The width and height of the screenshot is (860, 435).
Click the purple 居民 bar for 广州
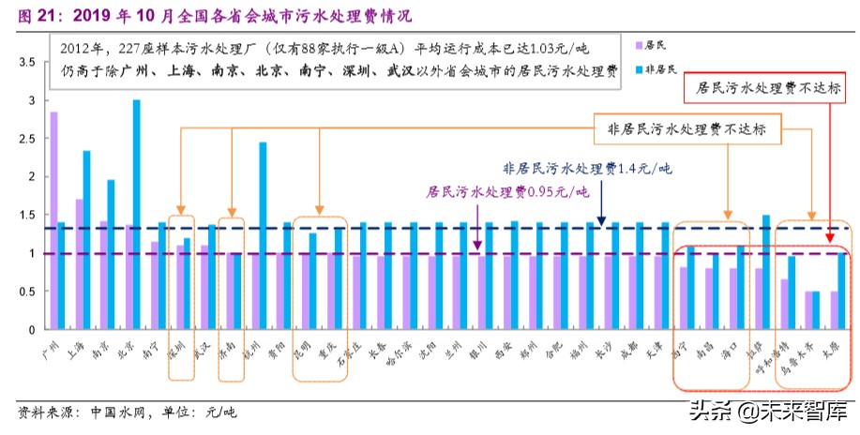pos(53,220)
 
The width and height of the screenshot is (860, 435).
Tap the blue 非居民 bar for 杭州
pos(263,235)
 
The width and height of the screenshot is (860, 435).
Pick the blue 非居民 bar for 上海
pos(86,239)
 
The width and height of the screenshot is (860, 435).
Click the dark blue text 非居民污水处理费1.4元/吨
pos(587,170)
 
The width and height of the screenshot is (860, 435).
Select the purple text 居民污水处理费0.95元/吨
pos(507,192)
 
